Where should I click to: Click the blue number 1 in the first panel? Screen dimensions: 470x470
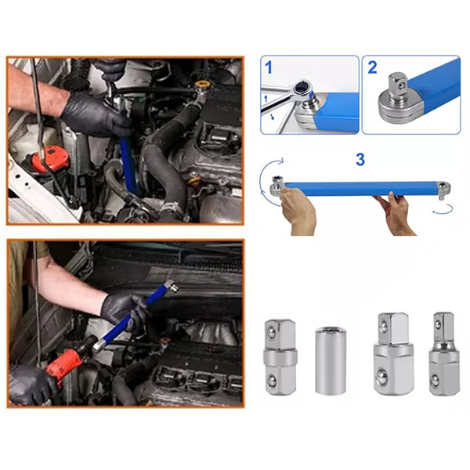coord(269,67)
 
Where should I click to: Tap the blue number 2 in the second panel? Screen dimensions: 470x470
coord(372,67)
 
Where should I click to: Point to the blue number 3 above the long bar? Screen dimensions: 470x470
coord(360,160)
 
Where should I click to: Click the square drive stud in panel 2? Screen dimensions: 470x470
coord(397,85)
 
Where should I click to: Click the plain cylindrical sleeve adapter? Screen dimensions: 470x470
coord(331,361)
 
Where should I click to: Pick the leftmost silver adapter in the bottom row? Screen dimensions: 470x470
coord(280,356)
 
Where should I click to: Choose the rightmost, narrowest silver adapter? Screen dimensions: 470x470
coord(444,354)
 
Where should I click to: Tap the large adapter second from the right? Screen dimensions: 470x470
coord(393,356)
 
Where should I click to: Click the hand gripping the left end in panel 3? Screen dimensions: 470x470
coord(298,212)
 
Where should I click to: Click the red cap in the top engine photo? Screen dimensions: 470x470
coord(50,158)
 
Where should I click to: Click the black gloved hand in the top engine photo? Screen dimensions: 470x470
coord(96,114)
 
